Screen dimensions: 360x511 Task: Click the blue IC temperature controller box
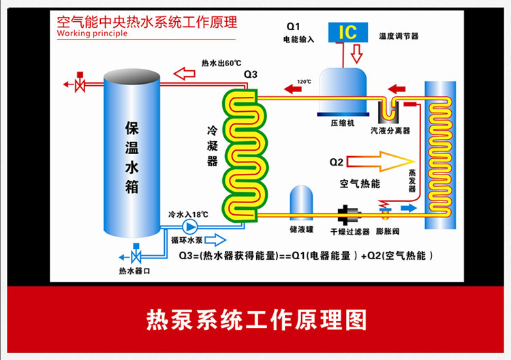point(346,31)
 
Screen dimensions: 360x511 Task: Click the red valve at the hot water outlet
point(79,84)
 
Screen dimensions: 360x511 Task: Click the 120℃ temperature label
point(303,82)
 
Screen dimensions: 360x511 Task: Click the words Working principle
point(92,33)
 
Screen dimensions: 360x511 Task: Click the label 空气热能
point(360,183)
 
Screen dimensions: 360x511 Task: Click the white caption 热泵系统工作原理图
point(256,319)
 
